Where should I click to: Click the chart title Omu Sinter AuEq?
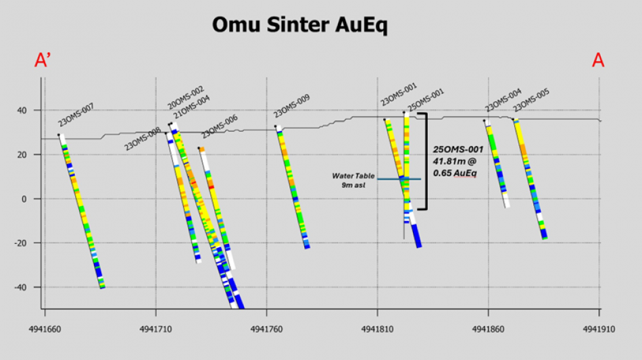tap(299, 24)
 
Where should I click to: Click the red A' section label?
tap(43, 60)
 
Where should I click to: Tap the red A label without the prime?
tap(597, 60)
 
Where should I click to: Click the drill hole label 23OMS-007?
tap(76, 115)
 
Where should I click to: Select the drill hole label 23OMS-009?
tap(292, 106)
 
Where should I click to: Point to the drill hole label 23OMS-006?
tap(220, 126)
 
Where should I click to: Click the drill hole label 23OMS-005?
tap(531, 101)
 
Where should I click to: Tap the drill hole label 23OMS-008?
tap(142, 139)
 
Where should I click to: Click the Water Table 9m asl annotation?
tap(349, 180)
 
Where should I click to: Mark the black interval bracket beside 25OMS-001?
tap(424, 161)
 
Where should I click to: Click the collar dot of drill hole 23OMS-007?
tap(59, 134)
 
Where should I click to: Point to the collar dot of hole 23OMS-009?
tap(276, 126)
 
